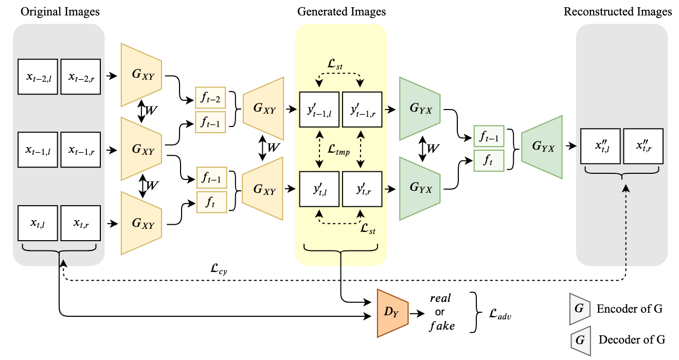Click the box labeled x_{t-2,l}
pos(39,77)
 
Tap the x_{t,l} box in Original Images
pos(39,223)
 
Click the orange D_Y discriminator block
pos(392,313)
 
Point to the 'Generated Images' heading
pos(341,11)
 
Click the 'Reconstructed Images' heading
pos(617,11)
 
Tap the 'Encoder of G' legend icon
pos(580,309)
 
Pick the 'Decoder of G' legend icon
pos(580,340)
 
